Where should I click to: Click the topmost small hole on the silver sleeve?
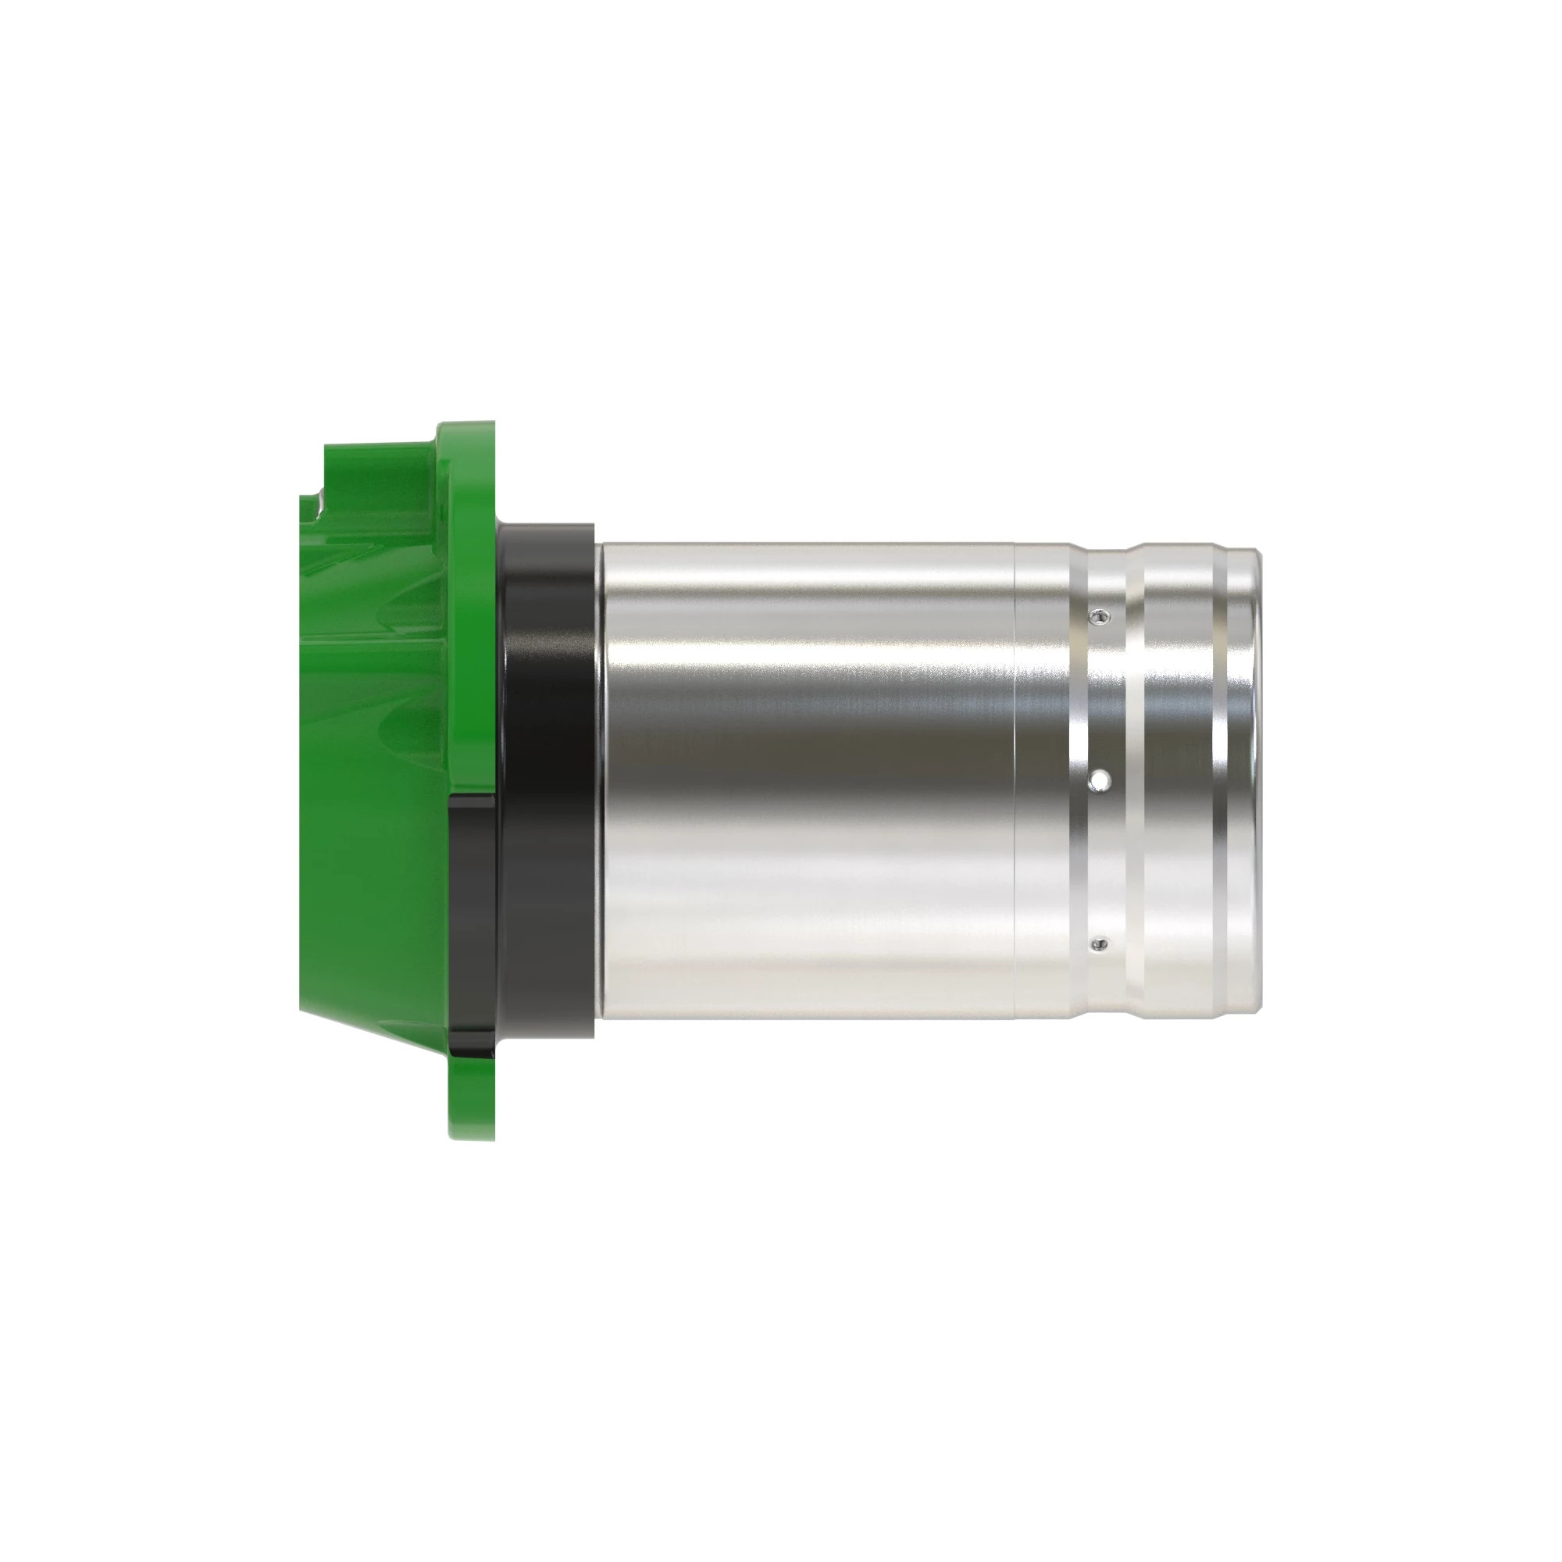click(1097, 618)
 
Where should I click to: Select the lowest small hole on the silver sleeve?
click(1097, 943)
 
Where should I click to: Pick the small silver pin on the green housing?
click(322, 505)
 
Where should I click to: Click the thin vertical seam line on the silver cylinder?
click(1015, 776)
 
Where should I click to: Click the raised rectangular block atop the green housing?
click(380, 469)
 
